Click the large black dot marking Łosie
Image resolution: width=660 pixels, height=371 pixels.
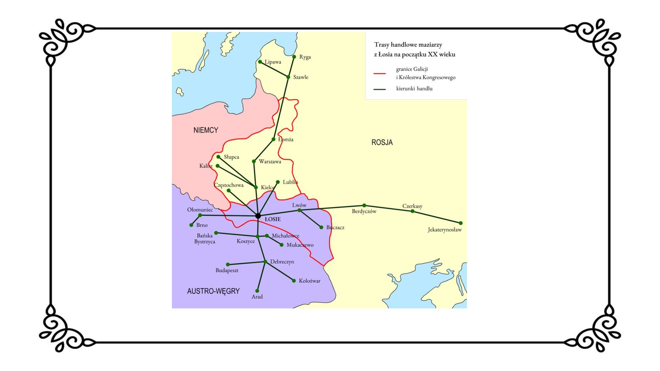click(258, 216)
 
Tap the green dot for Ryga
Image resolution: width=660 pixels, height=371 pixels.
click(294, 57)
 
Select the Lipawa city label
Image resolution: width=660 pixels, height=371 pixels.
click(273, 62)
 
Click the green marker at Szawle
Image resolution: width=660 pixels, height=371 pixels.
click(288, 77)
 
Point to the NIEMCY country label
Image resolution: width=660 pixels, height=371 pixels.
click(206, 130)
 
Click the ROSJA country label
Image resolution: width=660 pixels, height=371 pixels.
click(382, 142)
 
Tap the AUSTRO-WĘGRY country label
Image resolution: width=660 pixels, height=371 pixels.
click(213, 291)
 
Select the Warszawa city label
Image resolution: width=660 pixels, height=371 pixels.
click(270, 161)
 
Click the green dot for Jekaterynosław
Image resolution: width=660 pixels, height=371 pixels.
click(461, 223)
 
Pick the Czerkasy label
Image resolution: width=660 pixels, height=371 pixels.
click(412, 206)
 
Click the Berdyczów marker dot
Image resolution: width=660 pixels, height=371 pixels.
click(364, 205)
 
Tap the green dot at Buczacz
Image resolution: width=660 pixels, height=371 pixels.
click(321, 227)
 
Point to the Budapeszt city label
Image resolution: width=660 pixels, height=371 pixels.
click(227, 270)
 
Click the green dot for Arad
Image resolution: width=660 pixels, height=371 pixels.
click(257, 291)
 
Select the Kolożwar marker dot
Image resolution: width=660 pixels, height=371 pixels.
click(294, 281)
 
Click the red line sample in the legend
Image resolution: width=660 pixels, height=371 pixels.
click(379, 74)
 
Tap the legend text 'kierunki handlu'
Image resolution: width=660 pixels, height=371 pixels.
click(414, 89)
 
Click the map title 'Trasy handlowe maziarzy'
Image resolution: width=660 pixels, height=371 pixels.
click(408, 45)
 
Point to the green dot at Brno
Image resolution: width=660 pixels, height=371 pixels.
click(191, 225)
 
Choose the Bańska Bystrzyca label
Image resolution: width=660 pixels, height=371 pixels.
click(205, 239)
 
